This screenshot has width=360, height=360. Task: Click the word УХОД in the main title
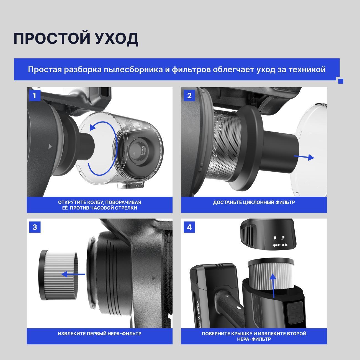click(x=117, y=39)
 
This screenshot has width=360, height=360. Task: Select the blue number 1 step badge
click(x=35, y=96)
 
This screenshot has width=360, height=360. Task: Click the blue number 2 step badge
click(x=189, y=96)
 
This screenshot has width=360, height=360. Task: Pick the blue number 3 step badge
click(x=35, y=227)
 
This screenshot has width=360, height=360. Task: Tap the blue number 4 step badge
click(x=189, y=227)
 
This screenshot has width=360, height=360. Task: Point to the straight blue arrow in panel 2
click(x=304, y=157)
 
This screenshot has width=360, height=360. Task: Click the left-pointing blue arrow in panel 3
click(x=73, y=274)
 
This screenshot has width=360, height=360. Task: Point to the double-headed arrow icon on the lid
click(x=280, y=245)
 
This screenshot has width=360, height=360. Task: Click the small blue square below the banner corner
click(x=341, y=81)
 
